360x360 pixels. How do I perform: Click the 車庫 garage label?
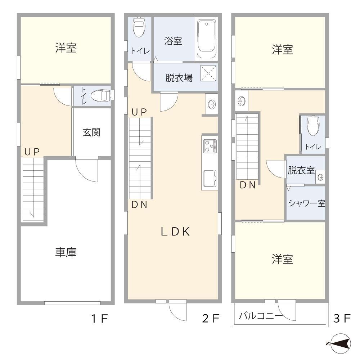66,252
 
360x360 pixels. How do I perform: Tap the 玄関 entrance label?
91,132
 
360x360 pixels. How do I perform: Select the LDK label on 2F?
175,231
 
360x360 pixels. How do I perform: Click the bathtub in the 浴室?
207,39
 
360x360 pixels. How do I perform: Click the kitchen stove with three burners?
210,146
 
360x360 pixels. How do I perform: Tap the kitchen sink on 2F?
210,178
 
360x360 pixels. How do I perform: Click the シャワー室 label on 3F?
306,203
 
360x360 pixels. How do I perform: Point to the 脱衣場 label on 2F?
179,78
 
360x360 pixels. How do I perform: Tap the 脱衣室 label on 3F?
301,170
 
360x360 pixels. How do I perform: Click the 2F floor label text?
210,319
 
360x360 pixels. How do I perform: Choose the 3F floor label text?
342,319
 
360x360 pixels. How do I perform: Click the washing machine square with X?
208,73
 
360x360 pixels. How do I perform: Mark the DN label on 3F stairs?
248,185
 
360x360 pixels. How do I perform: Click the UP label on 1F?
32,152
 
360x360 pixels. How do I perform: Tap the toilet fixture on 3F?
313,126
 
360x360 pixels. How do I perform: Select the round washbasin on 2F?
212,104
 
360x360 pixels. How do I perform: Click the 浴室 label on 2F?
173,41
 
